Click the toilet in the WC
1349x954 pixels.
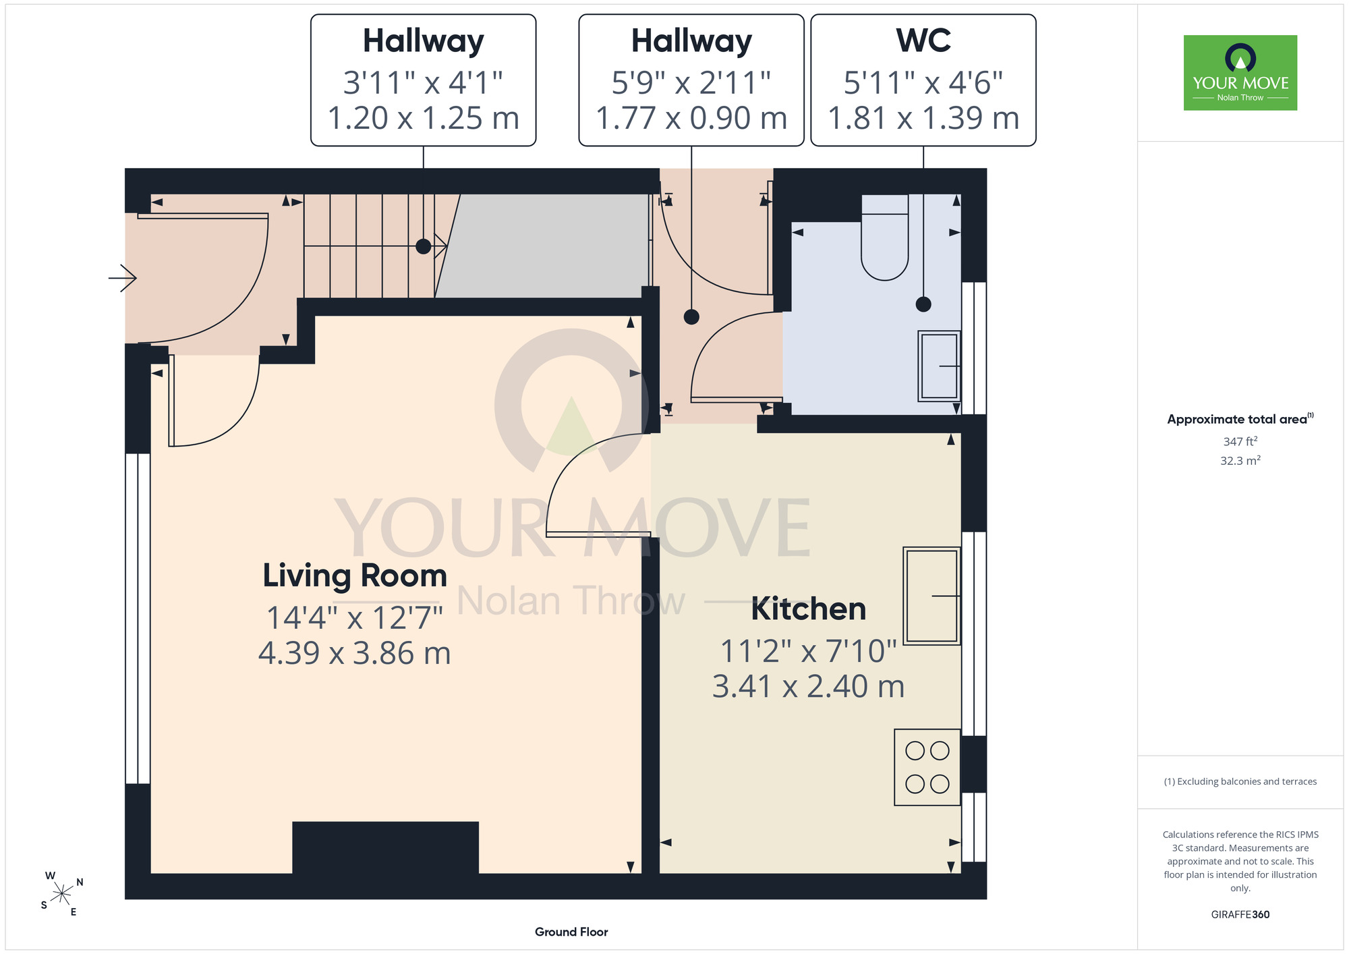[885, 237]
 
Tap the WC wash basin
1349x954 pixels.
[939, 366]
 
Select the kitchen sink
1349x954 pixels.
[932, 596]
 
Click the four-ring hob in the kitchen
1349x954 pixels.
[927, 767]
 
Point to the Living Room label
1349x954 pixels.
[355, 576]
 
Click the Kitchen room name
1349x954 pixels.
[809, 609]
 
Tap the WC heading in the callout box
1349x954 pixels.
[923, 40]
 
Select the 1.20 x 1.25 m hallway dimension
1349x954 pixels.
[424, 118]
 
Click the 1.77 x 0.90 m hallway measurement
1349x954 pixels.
[691, 118]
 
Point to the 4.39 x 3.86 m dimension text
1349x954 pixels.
[355, 653]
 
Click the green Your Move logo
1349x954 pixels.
[1240, 73]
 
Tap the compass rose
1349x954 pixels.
[61, 895]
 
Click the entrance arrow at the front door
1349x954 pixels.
[123, 277]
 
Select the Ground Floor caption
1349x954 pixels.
[571, 932]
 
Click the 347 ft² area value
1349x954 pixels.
[1240, 441]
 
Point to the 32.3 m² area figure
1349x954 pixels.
[1240, 461]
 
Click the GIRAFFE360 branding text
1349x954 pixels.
[1240, 915]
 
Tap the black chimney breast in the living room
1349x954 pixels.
[385, 847]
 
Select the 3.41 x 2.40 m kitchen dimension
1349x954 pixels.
[809, 686]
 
